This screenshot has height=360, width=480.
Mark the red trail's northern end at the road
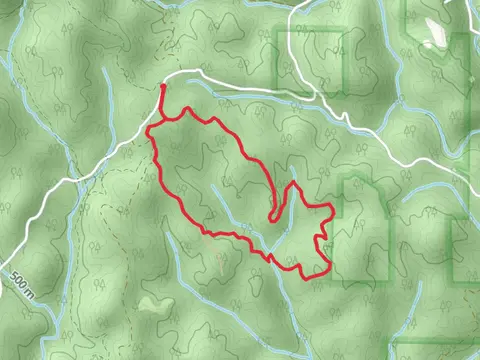tap(163, 89)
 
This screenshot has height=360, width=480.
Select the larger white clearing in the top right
tap(436, 30)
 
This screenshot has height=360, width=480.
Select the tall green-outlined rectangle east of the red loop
tap(364, 230)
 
